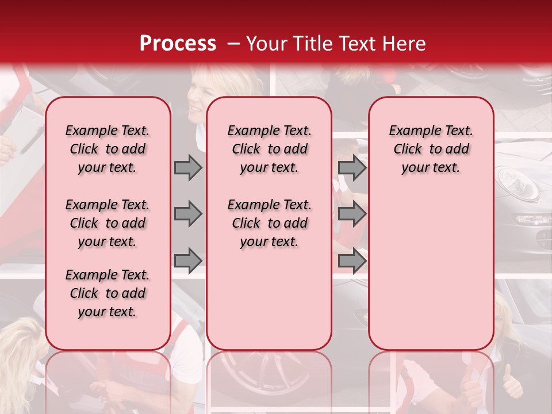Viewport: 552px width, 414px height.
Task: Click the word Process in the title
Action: [178, 44]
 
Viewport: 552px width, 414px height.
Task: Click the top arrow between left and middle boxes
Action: [188, 167]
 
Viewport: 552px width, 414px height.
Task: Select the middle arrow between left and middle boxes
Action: [188, 214]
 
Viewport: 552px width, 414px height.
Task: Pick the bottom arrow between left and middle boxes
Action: [188, 260]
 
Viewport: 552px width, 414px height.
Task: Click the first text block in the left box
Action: [108, 149]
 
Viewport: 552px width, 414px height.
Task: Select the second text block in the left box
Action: [108, 223]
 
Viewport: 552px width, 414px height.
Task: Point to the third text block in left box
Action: [108, 293]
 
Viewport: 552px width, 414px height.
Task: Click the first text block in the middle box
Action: [269, 149]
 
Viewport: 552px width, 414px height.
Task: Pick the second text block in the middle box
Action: [269, 223]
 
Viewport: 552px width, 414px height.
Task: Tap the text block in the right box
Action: [431, 149]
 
